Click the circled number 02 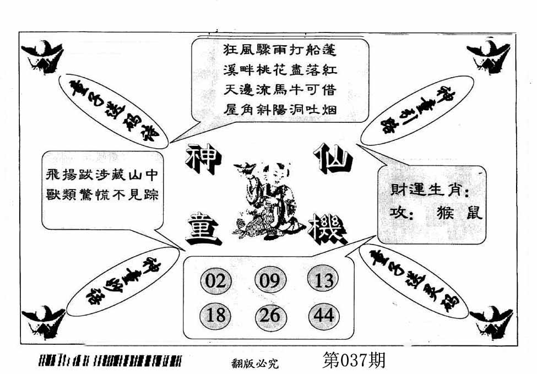pos(215,281)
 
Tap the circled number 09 pos(269,281)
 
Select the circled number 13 pos(322,281)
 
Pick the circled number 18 pos(215,315)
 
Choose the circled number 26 pos(269,315)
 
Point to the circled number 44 pos(322,315)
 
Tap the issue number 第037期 pos(352,360)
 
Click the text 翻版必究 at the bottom pos(255,362)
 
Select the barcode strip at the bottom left pos(110,361)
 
